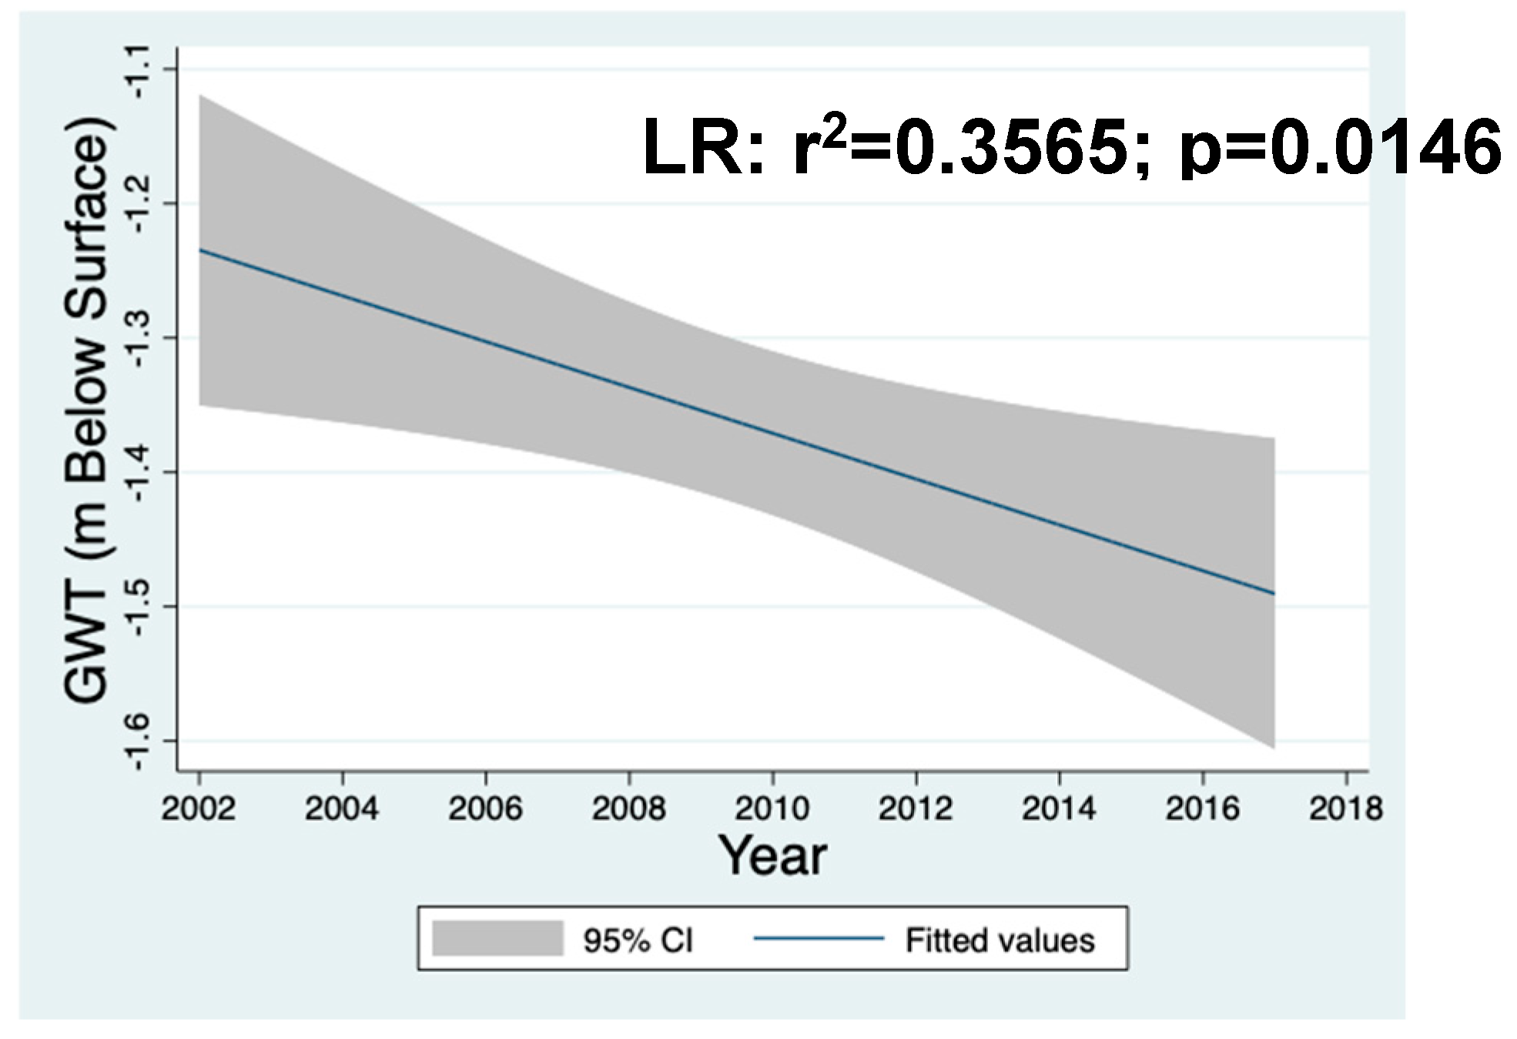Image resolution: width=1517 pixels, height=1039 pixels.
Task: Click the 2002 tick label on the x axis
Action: tap(199, 809)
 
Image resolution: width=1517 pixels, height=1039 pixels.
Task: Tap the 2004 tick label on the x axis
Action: tap(342, 809)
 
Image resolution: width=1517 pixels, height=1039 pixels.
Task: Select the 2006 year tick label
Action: tap(485, 809)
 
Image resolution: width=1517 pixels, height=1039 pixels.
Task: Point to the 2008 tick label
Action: tap(628, 809)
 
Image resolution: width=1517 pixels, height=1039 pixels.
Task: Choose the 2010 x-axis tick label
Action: tap(772, 809)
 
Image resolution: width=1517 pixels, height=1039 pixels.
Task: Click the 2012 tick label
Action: tap(916, 809)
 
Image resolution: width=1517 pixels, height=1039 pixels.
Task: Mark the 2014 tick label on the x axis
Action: tap(1060, 809)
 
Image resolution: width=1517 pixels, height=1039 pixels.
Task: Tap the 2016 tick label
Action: tap(1203, 809)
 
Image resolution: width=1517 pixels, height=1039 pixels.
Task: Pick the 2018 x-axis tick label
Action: tap(1346, 809)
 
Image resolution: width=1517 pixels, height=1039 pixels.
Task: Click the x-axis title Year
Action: tap(772, 856)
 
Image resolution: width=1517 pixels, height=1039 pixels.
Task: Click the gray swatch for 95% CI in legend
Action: tap(497, 938)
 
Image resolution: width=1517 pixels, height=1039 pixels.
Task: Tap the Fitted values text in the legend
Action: tap(1000, 940)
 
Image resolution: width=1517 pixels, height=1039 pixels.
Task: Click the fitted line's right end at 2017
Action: tap(1274, 593)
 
